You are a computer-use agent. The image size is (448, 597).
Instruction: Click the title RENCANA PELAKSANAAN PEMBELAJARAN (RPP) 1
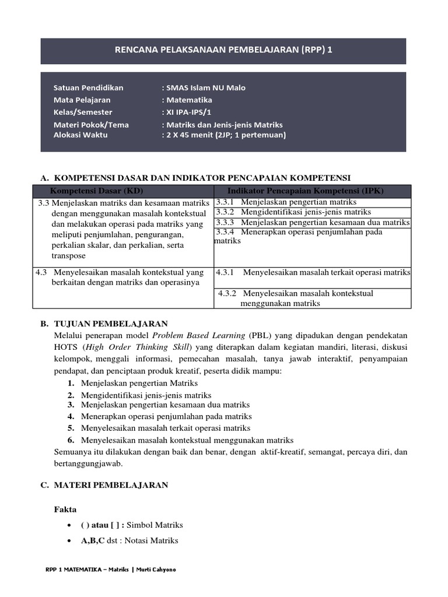(224, 50)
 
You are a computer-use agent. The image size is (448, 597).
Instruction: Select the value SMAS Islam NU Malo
(205, 88)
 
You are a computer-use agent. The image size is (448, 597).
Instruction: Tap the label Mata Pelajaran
(82, 100)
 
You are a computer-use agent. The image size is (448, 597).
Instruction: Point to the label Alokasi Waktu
(80, 135)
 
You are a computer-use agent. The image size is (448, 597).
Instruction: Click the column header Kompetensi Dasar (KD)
(97, 191)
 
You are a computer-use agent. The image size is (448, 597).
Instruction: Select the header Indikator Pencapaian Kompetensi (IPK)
(313, 191)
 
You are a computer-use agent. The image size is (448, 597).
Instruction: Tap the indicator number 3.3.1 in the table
(225, 202)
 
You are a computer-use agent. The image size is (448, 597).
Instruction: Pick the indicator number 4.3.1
(225, 272)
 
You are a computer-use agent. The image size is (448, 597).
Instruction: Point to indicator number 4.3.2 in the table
(228, 293)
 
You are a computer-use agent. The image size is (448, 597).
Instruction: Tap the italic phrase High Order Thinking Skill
(146, 348)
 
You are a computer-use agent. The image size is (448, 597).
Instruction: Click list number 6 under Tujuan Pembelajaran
(71, 440)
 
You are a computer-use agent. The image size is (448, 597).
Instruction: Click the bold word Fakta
(65, 509)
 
